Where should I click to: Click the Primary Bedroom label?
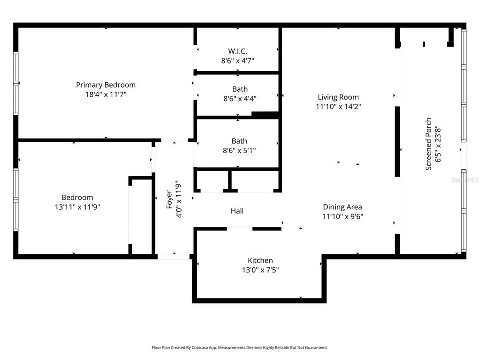106,85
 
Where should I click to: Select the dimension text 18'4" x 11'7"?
106,94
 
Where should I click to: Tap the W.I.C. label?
238,51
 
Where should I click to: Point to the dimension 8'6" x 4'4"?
240,99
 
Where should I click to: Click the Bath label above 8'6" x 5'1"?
239,141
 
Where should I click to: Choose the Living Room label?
338,97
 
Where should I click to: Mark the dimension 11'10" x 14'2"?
338,107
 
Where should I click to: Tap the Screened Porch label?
429,144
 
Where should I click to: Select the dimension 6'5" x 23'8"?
438,144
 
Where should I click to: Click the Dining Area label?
342,207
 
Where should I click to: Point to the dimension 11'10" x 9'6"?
342,216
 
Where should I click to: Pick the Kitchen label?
260,260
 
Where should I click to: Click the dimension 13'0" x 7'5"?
260,270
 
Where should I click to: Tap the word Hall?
237,211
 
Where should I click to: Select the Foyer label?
169,200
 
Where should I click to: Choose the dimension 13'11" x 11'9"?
77,207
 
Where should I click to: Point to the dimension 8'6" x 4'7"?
238,61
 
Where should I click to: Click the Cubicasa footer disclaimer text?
240,348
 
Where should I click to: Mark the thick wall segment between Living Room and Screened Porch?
397,141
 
